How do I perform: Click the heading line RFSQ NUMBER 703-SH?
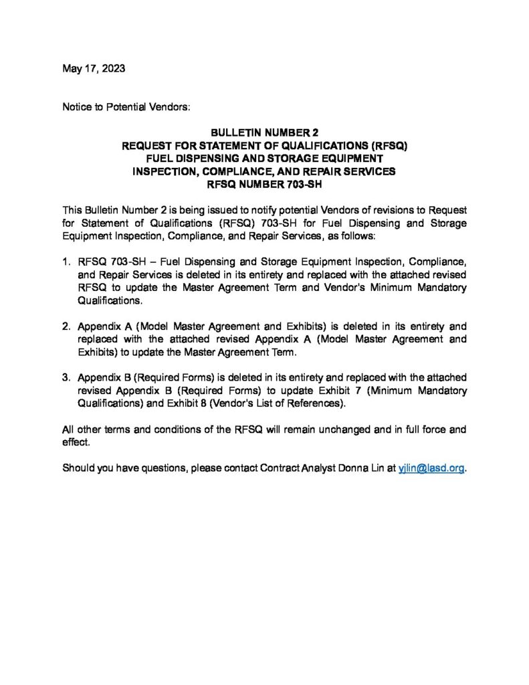(x=264, y=183)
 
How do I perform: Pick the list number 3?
(x=66, y=377)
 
